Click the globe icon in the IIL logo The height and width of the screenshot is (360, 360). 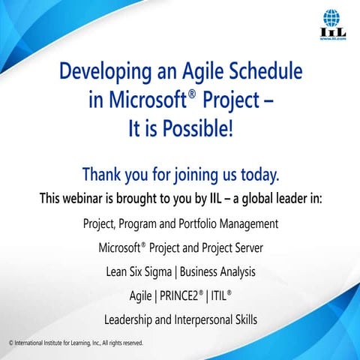331,17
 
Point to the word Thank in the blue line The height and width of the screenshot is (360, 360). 103,175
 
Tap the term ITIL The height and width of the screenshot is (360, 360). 217,295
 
